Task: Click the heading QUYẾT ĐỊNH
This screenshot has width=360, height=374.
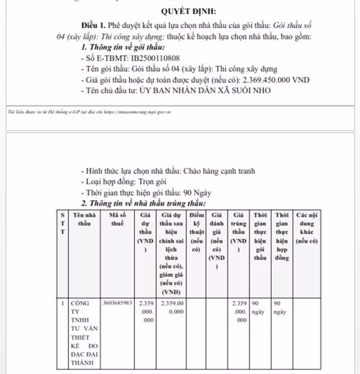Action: (189, 11)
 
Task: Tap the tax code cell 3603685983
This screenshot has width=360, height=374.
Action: (117, 302)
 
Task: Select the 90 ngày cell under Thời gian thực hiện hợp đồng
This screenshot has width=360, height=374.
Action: (281, 307)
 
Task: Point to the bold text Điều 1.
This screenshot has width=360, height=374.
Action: (94, 26)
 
